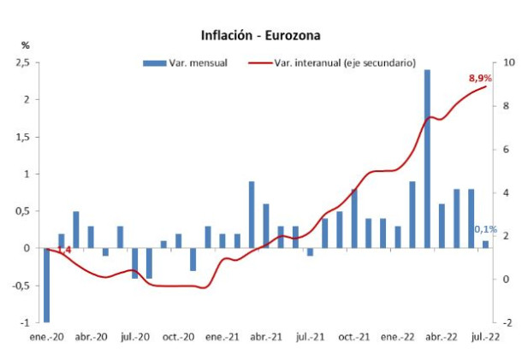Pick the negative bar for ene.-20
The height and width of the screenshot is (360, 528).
coord(46,285)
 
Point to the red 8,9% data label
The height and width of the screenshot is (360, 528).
coord(480,79)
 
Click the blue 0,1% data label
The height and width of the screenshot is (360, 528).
coord(486,229)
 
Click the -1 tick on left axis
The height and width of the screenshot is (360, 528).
coord(25,322)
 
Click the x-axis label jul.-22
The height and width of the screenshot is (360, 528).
coord(486,338)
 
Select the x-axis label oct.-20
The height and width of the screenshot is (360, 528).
coord(179,338)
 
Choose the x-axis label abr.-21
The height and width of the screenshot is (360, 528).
coord(266,338)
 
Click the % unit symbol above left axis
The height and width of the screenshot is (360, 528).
coord(25,44)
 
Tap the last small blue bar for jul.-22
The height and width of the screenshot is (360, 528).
coord(486,245)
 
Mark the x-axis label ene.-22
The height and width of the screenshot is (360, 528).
coord(398,338)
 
